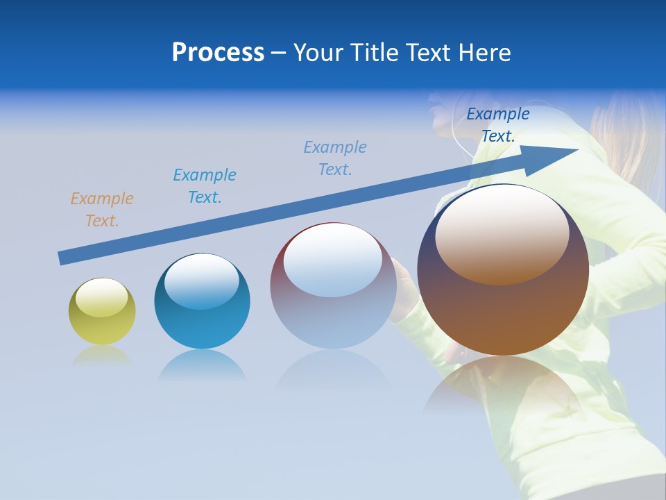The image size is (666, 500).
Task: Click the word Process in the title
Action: [x=218, y=53]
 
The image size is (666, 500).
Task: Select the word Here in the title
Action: [x=484, y=53]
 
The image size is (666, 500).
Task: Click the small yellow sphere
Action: [x=102, y=312]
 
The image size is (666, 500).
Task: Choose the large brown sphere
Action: [x=503, y=270]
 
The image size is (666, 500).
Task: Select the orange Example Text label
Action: [x=101, y=209]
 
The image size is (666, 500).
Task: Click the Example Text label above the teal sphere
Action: [x=204, y=185]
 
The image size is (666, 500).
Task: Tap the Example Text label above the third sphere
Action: [x=334, y=158]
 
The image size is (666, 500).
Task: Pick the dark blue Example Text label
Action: [x=497, y=125]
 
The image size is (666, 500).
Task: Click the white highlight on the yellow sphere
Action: [x=101, y=297]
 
